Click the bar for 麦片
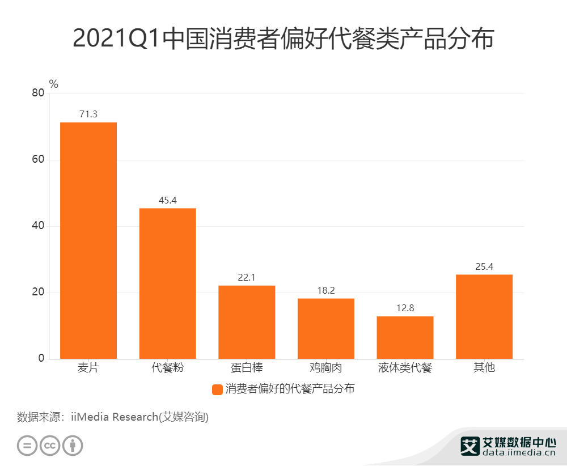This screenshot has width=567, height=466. [88, 240]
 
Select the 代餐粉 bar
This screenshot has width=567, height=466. [168, 283]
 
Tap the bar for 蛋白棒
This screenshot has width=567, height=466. [247, 322]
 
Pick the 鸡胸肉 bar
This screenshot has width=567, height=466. [326, 328]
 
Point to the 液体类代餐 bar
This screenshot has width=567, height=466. [405, 337]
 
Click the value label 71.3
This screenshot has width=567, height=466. [88, 114]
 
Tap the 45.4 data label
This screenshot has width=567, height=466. [168, 200]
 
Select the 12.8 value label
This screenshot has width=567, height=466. [405, 308]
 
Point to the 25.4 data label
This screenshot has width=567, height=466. [484, 266]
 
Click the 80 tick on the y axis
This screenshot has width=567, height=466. [38, 94]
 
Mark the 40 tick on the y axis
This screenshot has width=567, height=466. [38, 226]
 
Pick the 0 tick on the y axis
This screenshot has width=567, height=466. [41, 359]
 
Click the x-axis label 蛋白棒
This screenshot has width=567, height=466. [247, 368]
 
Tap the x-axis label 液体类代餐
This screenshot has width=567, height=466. [405, 368]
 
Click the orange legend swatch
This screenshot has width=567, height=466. [217, 389]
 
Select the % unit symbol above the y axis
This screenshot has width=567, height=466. [54, 84]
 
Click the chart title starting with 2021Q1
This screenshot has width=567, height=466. [283, 39]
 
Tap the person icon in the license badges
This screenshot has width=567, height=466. [73, 445]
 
